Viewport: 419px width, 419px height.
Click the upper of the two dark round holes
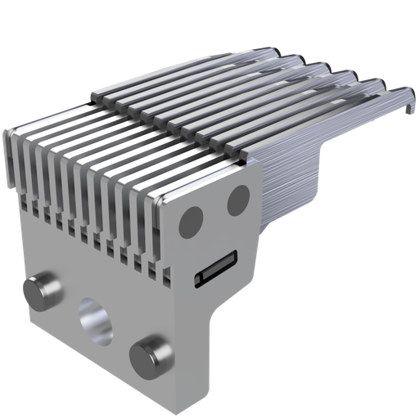coord(238,197)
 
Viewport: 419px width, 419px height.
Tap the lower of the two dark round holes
coord(191,219)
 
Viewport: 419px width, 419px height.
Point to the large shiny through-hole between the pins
coord(94,320)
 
